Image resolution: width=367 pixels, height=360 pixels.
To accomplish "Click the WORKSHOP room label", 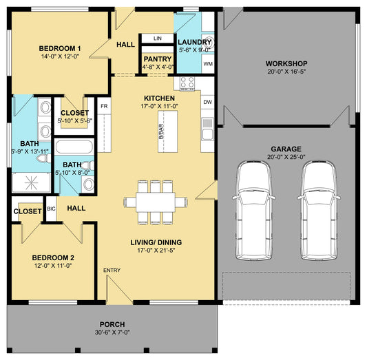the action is coord(286,63).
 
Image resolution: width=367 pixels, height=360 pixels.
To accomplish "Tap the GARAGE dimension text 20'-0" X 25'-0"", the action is coord(286,157).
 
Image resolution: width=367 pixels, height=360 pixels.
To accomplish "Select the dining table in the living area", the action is coord(156,202).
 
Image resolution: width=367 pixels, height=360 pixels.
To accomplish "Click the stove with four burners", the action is coord(187,83).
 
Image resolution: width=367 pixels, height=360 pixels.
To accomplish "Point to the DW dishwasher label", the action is coord(208,102).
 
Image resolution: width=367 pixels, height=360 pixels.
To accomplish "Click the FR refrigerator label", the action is coord(104,106).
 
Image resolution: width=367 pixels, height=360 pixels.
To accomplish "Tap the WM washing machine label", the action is coord(208,64).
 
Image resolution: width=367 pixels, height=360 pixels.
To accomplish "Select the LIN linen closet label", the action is coord(158,39).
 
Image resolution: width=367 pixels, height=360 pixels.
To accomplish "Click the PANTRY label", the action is coord(158,59).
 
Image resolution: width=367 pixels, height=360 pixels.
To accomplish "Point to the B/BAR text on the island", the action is coord(161,131).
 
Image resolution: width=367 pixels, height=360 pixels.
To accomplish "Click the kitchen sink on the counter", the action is coord(208,129).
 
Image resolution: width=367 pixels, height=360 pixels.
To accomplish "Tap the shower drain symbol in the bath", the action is coord(31,183).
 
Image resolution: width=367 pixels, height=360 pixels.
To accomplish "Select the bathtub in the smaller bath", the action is coord(74,147).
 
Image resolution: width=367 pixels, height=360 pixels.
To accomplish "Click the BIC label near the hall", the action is coord(51,209).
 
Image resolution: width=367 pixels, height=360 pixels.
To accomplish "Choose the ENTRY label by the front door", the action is coord(112,271).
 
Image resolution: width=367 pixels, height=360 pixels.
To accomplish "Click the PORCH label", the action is coord(112,325).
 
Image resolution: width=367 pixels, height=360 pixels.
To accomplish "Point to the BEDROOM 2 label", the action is coord(53,257).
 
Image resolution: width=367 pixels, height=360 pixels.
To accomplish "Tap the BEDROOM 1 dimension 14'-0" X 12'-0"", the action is coord(60,56).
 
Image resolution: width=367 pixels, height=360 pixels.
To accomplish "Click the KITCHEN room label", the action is coord(159,98).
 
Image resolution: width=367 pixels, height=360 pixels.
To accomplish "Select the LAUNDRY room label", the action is coord(194,43).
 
